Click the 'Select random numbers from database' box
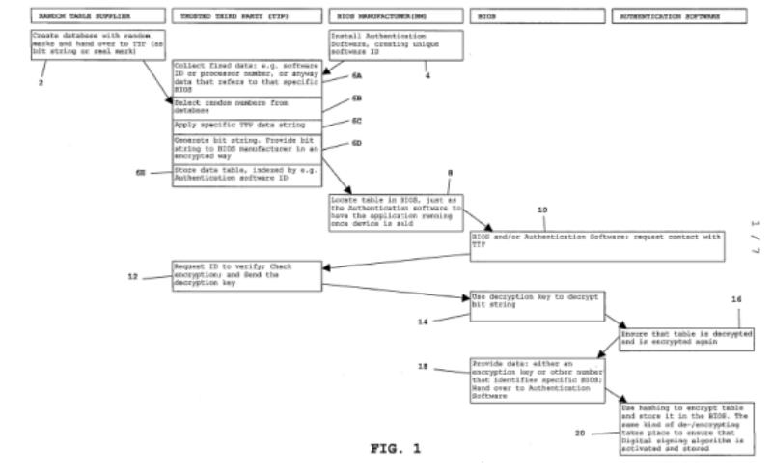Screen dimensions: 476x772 [246, 105]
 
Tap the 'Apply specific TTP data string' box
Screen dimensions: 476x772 [246, 125]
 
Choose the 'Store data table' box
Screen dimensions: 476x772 [246, 174]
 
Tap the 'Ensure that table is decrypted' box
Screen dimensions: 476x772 [686, 339]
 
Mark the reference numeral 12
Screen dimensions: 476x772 [134, 276]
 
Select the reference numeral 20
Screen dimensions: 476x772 [580, 433]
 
